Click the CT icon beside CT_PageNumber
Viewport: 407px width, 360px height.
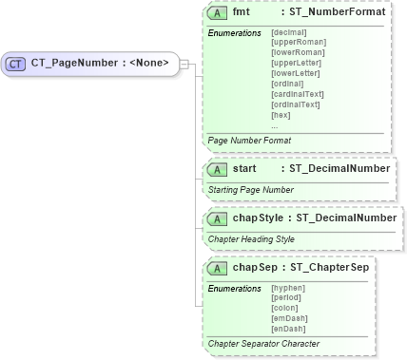pos(15,64)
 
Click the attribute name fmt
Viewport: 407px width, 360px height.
pos(242,13)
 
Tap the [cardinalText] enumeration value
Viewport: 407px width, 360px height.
pos(298,94)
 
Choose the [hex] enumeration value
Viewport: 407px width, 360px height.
pos(281,115)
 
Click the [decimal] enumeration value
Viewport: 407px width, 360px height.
pos(289,32)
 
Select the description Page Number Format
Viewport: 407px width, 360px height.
pos(249,140)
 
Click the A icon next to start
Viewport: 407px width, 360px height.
pos(217,169)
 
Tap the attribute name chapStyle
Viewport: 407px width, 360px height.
pos(257,218)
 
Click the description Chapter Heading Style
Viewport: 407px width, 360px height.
pos(251,238)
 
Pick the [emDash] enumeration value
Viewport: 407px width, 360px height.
pos(289,317)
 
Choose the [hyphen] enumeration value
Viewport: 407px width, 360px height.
pos(288,287)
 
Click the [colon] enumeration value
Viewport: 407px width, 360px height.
pos(285,307)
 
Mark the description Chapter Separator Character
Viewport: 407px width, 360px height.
pos(263,343)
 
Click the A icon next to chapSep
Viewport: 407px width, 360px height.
pos(217,267)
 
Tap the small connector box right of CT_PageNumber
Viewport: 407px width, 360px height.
pos(184,64)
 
